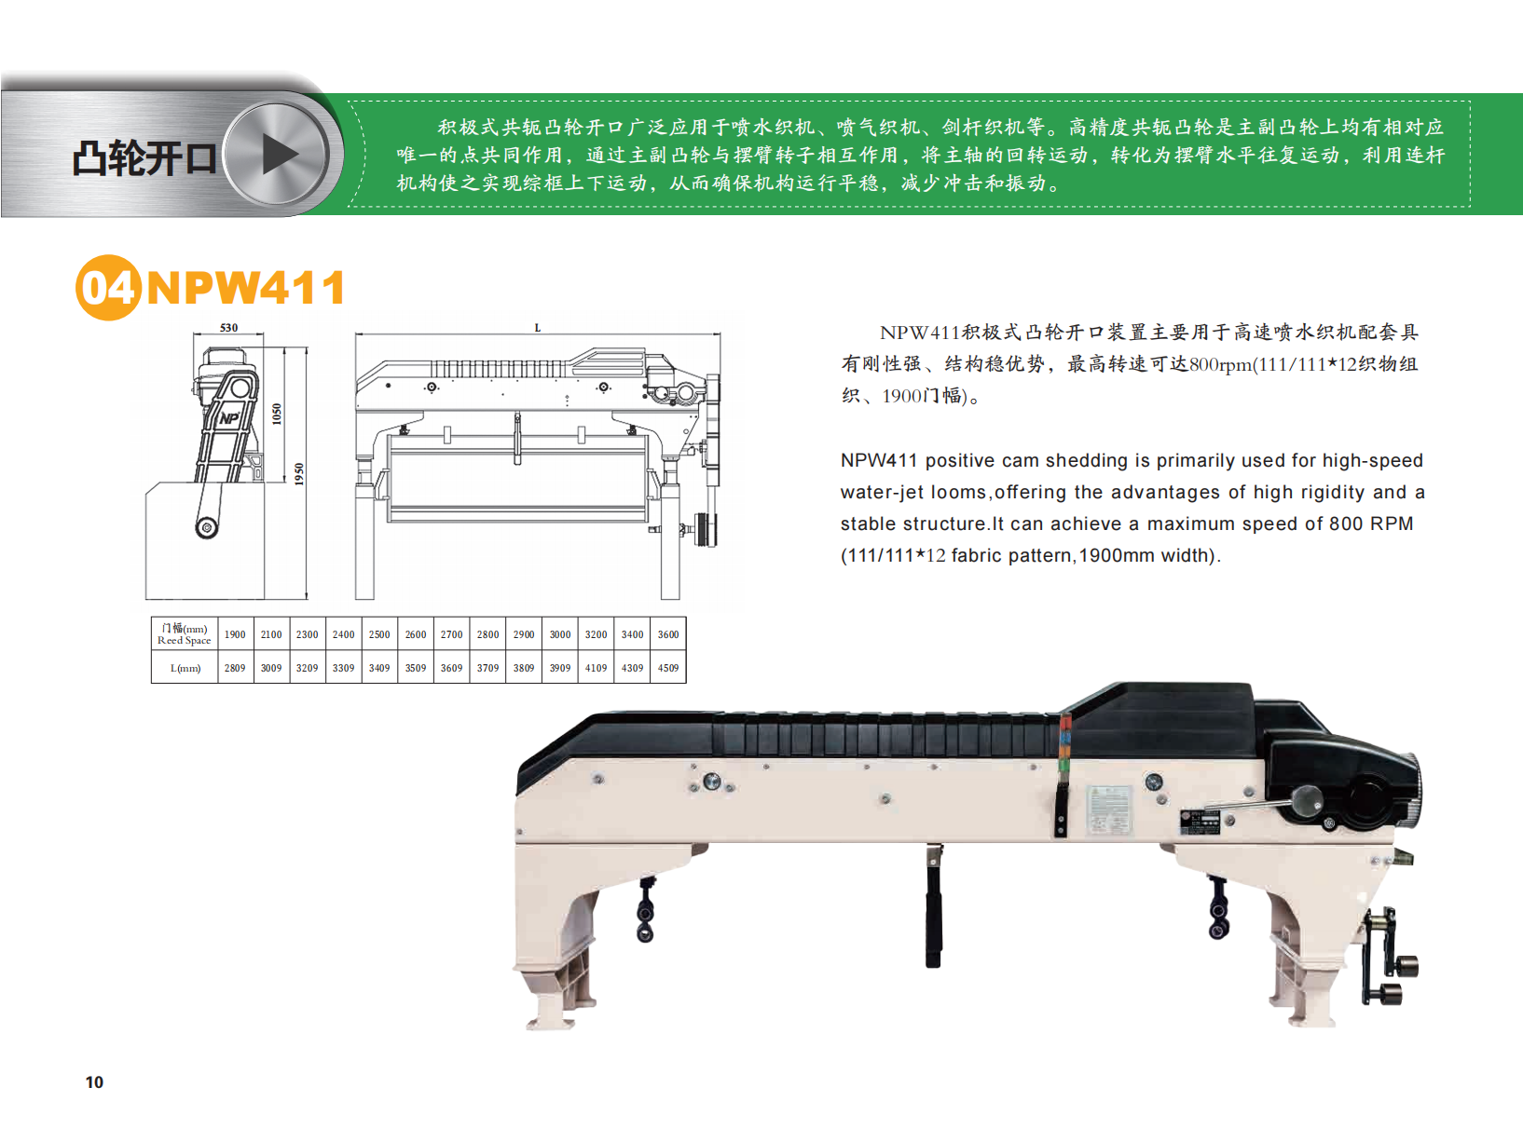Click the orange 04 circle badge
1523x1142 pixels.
coord(108,288)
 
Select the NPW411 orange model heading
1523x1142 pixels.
coord(246,288)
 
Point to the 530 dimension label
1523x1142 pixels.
coord(228,328)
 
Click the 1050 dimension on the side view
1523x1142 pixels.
coord(276,415)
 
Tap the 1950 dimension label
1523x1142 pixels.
coord(299,473)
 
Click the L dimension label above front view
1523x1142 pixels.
coord(537,328)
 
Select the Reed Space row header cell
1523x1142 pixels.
coord(185,634)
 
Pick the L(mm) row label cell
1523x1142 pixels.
coord(185,668)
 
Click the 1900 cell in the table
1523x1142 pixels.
coord(235,634)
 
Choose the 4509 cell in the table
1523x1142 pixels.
coord(668,668)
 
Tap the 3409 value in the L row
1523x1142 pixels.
coord(379,668)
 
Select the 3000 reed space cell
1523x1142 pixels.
coord(560,634)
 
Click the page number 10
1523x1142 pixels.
coord(94,1081)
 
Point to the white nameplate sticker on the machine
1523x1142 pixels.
coord(1109,809)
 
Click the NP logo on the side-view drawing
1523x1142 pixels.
coord(228,418)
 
